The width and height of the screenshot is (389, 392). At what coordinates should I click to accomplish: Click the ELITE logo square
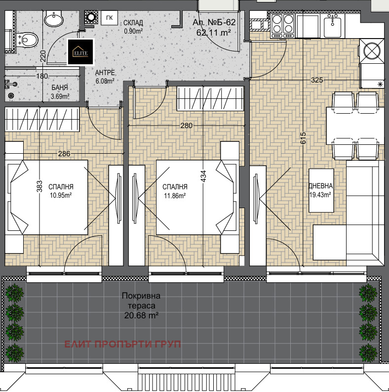coord(81,52)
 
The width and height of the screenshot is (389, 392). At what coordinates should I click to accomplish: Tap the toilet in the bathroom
coord(28,40)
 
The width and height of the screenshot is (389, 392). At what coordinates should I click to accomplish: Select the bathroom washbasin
coord(54,18)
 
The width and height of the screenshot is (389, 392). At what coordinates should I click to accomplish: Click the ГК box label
coord(110,18)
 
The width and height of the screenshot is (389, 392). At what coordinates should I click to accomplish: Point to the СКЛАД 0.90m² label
coord(133,27)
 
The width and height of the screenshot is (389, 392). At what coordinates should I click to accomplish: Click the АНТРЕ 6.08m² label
coord(105,77)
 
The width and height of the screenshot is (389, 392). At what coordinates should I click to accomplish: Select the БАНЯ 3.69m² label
coord(60,92)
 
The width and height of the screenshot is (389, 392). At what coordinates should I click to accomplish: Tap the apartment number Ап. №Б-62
coord(214,22)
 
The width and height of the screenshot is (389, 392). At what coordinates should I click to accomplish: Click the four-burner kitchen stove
coord(283,26)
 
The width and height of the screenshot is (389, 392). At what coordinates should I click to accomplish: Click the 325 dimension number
coord(317,80)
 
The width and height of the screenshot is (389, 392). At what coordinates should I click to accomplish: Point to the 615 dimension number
coord(303,138)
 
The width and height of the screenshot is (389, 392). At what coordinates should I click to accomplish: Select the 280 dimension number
coord(187,125)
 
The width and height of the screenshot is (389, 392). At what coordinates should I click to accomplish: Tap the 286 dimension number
coord(64,154)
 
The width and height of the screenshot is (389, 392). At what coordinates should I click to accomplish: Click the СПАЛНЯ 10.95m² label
coord(61,191)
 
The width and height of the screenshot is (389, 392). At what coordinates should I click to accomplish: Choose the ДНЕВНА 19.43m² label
coord(320,190)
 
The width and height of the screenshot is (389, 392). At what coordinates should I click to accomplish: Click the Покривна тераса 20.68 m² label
coord(141,305)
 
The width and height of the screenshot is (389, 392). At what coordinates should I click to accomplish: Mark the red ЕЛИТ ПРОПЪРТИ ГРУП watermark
coord(122,344)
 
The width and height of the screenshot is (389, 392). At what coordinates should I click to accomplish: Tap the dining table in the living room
coord(355,126)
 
